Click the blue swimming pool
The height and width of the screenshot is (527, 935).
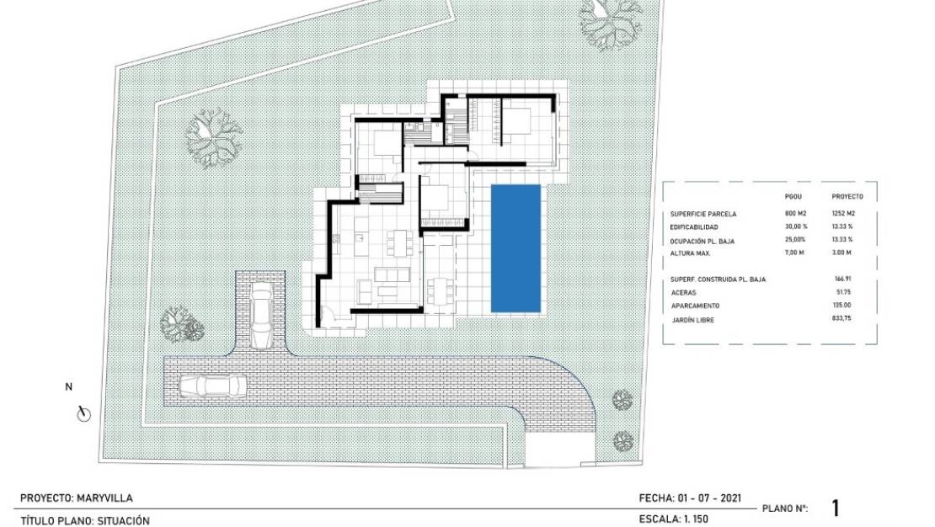point(516,248)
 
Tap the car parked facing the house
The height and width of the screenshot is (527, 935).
point(261,316)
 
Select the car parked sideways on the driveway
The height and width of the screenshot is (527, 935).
point(213,386)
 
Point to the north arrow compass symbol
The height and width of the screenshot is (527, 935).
point(83,413)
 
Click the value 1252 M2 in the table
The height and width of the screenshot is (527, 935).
point(843,213)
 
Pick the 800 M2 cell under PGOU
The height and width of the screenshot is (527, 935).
point(795,213)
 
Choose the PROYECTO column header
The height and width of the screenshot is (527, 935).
point(847,196)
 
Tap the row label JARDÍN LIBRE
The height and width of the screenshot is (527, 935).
point(692,320)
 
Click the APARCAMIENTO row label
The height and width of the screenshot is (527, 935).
point(695,306)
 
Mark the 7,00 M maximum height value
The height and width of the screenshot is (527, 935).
point(795,253)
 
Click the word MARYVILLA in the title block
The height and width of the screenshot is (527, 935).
point(105,498)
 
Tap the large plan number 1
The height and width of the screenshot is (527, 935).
point(836,508)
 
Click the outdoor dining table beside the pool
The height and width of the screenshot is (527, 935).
point(440,291)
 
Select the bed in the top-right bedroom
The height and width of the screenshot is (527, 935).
point(517,123)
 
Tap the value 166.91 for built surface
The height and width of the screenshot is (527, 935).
point(843,279)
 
